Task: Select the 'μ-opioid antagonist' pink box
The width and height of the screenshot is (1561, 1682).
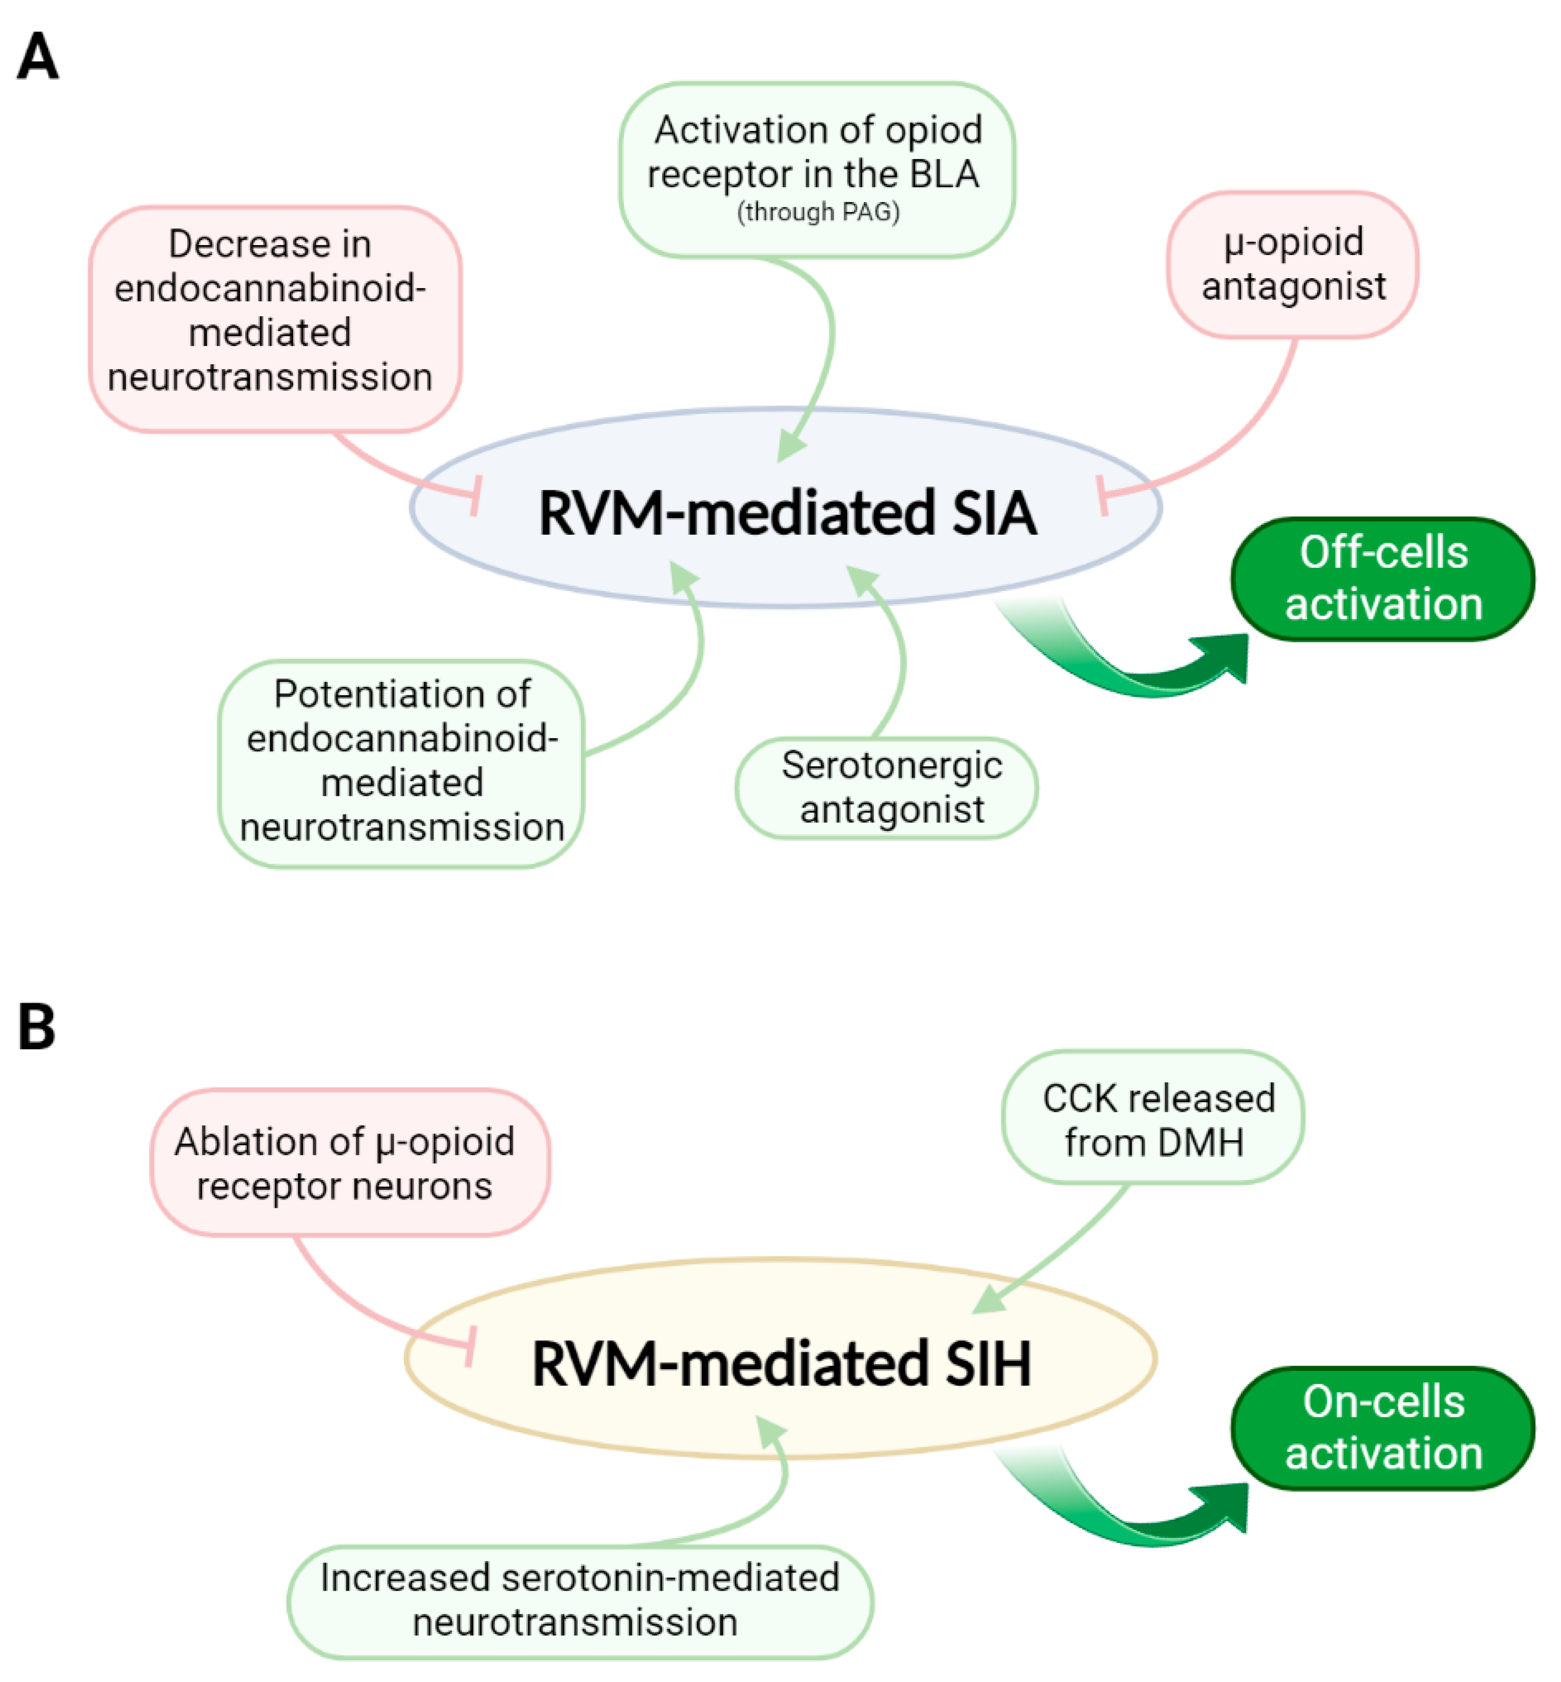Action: coord(1292,265)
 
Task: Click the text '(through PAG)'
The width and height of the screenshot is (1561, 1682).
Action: coord(818,211)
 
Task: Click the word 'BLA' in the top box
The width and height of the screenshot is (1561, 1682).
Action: coord(944,175)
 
